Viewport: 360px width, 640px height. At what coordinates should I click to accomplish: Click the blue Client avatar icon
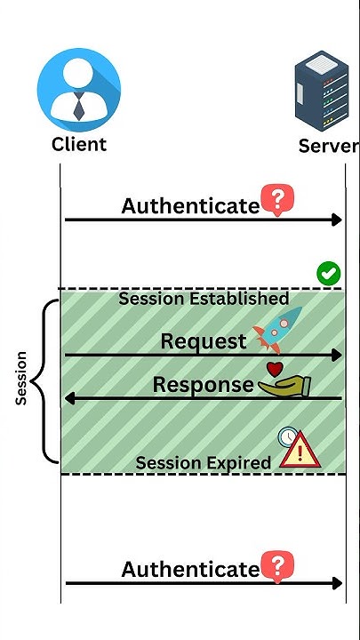click(78, 88)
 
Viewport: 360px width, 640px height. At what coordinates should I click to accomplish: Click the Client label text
click(78, 144)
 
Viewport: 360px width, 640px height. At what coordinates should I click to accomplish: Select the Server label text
click(329, 146)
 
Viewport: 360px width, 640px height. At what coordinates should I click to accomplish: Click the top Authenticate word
click(189, 206)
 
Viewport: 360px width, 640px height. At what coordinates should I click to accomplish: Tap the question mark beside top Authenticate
click(276, 201)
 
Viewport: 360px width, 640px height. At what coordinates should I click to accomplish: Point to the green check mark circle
click(329, 274)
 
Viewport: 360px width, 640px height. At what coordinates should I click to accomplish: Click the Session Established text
click(204, 299)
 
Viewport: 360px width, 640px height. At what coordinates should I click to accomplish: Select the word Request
click(204, 340)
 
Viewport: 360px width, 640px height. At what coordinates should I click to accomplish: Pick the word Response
click(203, 384)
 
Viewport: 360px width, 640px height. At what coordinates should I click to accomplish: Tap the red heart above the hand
click(276, 367)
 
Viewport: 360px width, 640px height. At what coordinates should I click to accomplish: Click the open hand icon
click(284, 385)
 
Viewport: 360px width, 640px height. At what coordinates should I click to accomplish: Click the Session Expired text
click(203, 463)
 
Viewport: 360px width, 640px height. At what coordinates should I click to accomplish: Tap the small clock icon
click(286, 436)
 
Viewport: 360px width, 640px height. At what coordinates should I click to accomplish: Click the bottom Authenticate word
click(189, 569)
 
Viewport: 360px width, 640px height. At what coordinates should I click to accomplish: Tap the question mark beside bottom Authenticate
click(277, 564)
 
